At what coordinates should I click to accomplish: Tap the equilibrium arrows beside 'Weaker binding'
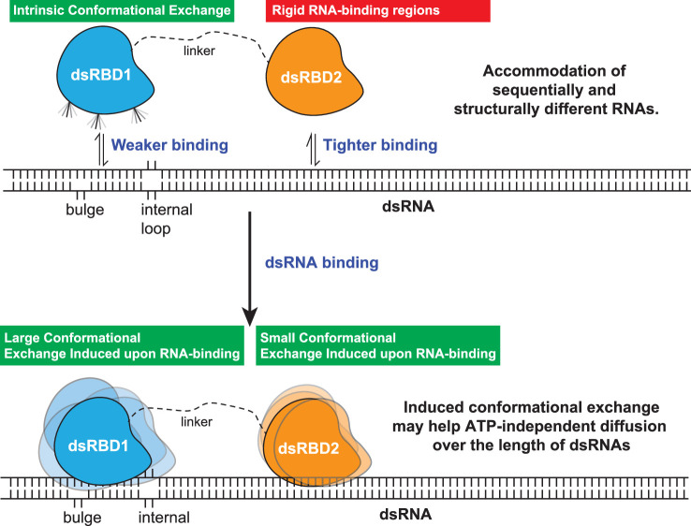99,148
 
